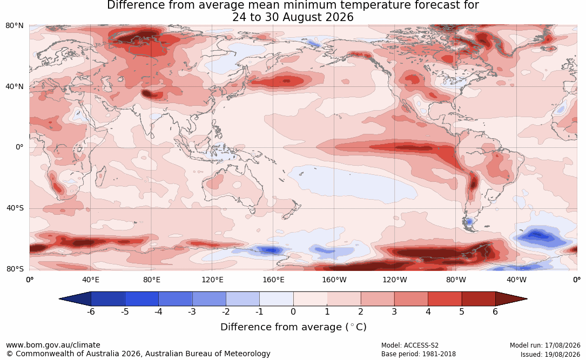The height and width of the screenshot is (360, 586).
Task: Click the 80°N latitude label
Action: click(x=14, y=26)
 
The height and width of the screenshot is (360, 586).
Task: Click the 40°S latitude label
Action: click(x=15, y=208)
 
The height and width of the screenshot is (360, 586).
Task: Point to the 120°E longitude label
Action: click(x=212, y=280)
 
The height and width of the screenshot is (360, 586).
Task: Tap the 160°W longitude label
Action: click(x=334, y=280)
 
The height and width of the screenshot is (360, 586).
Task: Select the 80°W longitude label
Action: click(x=456, y=280)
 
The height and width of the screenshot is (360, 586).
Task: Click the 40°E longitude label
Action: click(x=90, y=280)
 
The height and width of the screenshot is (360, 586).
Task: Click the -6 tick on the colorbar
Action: click(x=91, y=311)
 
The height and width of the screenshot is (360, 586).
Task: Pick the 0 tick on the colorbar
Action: click(x=293, y=311)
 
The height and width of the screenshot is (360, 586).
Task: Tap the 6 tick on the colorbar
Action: click(x=495, y=311)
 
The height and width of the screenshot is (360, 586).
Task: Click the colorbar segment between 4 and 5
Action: click(x=444, y=299)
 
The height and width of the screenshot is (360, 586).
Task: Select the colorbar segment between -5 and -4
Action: click(x=142, y=299)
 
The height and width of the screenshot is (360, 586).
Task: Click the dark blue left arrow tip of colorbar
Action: click(x=60, y=299)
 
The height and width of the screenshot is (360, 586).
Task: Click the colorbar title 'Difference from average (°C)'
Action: click(x=293, y=327)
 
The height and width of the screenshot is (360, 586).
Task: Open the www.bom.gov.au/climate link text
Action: click(x=53, y=345)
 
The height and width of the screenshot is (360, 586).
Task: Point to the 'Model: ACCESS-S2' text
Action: click(x=410, y=345)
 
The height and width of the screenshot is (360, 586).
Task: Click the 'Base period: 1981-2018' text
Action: click(x=419, y=354)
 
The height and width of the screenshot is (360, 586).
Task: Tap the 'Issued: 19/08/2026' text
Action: click(x=550, y=354)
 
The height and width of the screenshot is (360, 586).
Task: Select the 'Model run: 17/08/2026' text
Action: click(x=545, y=345)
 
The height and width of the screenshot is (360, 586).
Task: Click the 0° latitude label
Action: click(x=19, y=147)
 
